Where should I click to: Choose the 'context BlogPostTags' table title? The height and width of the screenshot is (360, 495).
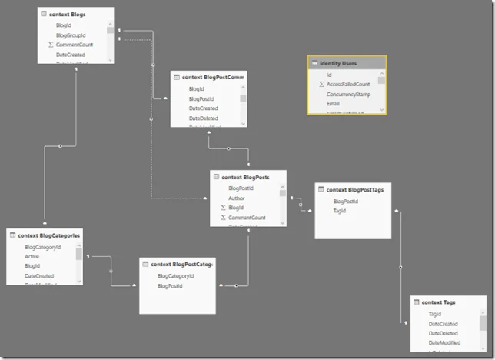coord(354,189)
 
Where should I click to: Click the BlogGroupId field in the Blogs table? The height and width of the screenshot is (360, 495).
coord(70,35)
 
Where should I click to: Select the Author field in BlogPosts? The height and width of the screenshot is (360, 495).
coord(237,198)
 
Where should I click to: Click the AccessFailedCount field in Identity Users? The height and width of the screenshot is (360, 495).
coord(347,84)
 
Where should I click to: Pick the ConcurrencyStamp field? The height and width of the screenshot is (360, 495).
coord(348,94)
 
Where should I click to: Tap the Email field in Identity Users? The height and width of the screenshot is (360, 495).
coord(333,104)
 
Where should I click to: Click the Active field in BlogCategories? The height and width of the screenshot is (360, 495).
coord(32,257)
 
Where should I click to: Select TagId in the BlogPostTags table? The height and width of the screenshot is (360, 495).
coord(339,210)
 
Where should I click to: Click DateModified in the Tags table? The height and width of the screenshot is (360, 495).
coord(444,342)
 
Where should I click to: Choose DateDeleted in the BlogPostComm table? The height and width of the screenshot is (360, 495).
coord(204,118)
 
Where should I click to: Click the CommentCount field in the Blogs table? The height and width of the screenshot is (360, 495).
coord(73,45)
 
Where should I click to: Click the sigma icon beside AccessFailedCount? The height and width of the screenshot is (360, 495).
coord(321,84)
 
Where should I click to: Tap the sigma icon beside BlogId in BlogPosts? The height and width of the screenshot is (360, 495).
coord(223,208)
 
